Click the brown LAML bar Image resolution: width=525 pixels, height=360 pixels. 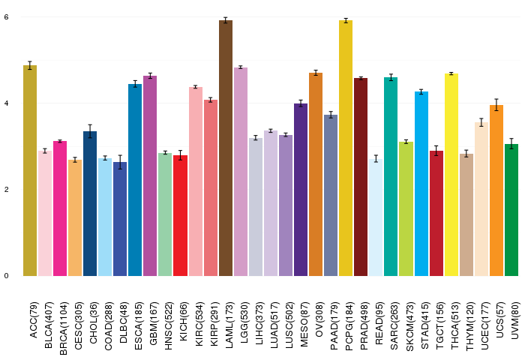[226, 148]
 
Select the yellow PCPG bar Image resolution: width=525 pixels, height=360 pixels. [346, 148]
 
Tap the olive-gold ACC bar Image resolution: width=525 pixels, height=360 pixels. [30, 170]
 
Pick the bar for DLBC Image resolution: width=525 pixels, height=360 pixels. [120, 219]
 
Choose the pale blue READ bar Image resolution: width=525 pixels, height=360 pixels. [376, 217]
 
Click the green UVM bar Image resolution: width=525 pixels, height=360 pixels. [511, 210]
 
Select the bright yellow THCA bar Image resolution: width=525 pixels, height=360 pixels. [451, 175]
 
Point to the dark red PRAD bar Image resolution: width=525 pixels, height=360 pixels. [361, 177]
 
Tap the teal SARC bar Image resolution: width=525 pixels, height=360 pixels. [391, 176]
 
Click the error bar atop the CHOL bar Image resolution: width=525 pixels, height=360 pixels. [90, 131]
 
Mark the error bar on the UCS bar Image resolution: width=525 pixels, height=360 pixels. [496, 105]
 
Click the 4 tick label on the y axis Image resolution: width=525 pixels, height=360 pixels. [6, 103]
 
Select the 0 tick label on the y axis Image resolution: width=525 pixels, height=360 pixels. [6, 276]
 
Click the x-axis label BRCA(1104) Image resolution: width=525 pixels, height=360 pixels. [64, 328]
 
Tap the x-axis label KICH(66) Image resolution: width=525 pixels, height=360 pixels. [184, 322]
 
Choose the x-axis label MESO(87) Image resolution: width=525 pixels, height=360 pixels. [304, 324]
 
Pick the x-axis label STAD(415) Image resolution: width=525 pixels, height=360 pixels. [424, 325]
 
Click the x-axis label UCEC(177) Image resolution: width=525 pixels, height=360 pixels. [484, 325]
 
